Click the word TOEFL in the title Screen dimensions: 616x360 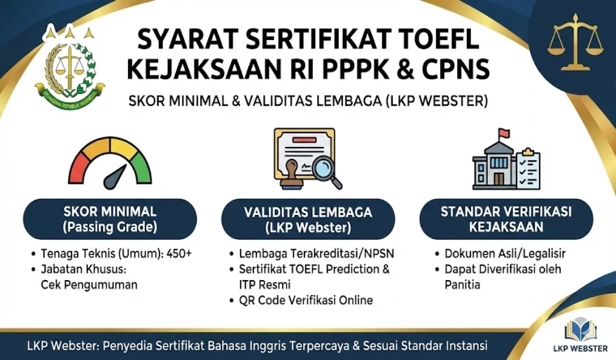435,39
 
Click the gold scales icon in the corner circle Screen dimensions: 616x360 575,43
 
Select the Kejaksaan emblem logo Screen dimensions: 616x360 70,66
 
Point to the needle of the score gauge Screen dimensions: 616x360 116,177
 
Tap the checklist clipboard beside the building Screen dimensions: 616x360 528,169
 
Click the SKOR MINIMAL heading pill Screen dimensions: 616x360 110,219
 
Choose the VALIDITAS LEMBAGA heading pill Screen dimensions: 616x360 308,220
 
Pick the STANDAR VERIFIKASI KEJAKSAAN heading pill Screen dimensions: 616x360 506,219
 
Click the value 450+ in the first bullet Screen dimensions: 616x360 178,254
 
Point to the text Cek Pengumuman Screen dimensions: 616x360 89,285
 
